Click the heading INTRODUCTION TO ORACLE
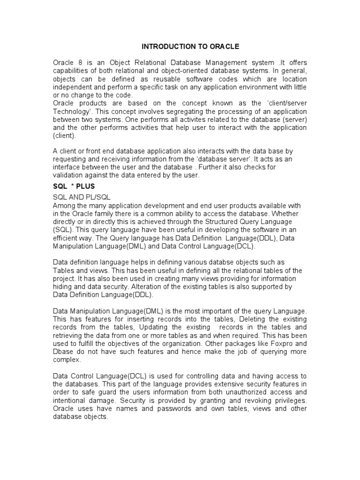tap(191, 46)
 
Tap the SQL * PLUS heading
tap(74, 186)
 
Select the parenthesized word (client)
tap(65, 136)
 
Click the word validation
tap(68, 175)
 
